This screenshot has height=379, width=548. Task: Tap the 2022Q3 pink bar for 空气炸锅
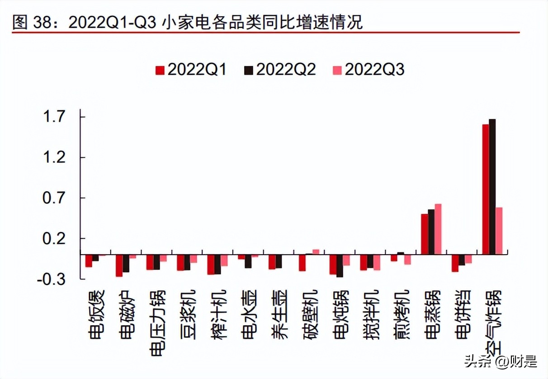[x=499, y=231]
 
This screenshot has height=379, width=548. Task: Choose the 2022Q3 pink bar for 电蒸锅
[x=438, y=229]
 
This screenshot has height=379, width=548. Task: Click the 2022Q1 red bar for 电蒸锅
[x=424, y=234]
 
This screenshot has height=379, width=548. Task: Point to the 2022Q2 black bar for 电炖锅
[x=340, y=265]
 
